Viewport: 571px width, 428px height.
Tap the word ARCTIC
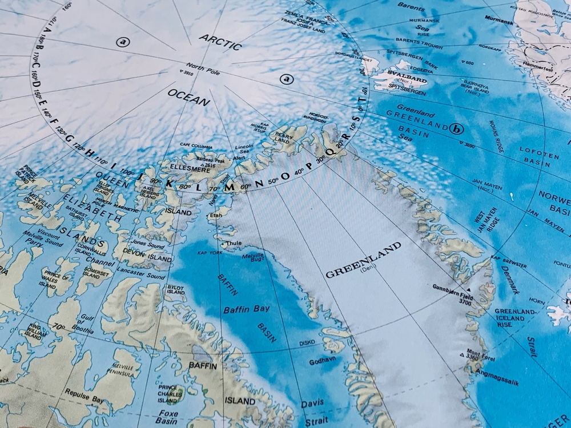tap(220, 41)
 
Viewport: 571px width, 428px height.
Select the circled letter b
tap(456, 129)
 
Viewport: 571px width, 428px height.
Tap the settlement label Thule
tap(234, 243)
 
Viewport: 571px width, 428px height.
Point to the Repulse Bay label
tap(82, 394)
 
